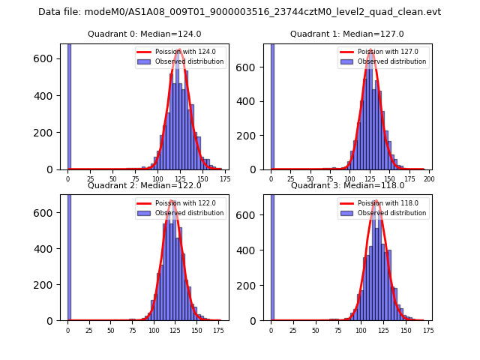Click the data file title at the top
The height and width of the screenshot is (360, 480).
pos(239,12)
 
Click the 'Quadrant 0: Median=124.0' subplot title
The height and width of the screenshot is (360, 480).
pos(145,34)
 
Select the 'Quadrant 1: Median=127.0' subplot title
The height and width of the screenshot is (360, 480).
pos(347,34)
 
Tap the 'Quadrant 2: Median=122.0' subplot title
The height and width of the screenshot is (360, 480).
pos(145,185)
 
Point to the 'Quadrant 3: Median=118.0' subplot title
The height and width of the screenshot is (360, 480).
pos(347,185)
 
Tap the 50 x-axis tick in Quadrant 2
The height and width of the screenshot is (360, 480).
pos(110,330)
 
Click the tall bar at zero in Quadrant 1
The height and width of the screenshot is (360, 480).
pos(272,105)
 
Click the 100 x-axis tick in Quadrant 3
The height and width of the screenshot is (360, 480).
pos(361,330)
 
